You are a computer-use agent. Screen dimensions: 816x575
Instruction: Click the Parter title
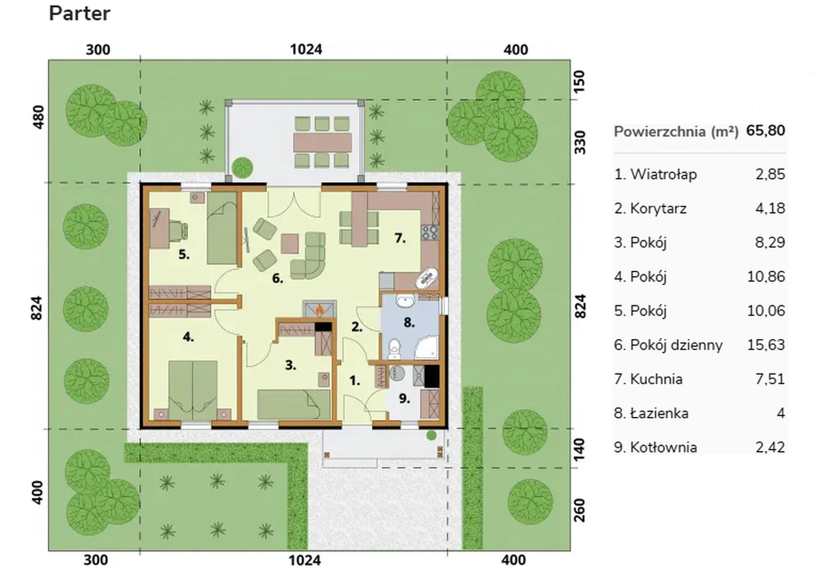point(80,14)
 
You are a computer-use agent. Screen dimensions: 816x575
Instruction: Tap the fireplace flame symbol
point(319,310)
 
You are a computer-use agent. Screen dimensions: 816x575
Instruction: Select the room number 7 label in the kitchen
point(400,238)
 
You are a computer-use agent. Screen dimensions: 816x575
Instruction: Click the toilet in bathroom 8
point(394,350)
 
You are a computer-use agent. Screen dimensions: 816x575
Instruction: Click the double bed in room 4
point(193,391)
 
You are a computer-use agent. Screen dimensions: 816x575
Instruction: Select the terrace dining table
point(323,143)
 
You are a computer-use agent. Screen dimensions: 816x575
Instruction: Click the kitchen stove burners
point(430,232)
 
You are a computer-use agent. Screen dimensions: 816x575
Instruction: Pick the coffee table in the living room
point(290,244)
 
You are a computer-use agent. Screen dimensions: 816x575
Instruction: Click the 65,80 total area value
point(765,131)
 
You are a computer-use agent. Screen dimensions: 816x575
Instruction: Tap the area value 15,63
point(766,344)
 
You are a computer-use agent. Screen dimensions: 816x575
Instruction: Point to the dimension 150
point(579,81)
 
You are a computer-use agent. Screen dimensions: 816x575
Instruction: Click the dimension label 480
point(38,117)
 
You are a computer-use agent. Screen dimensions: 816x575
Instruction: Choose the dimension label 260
point(579,510)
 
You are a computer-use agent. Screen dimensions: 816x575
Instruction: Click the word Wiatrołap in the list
point(663,174)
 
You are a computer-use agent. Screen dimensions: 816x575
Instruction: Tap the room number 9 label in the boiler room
point(404,398)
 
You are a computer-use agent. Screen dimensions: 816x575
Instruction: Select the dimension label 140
point(579,449)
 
